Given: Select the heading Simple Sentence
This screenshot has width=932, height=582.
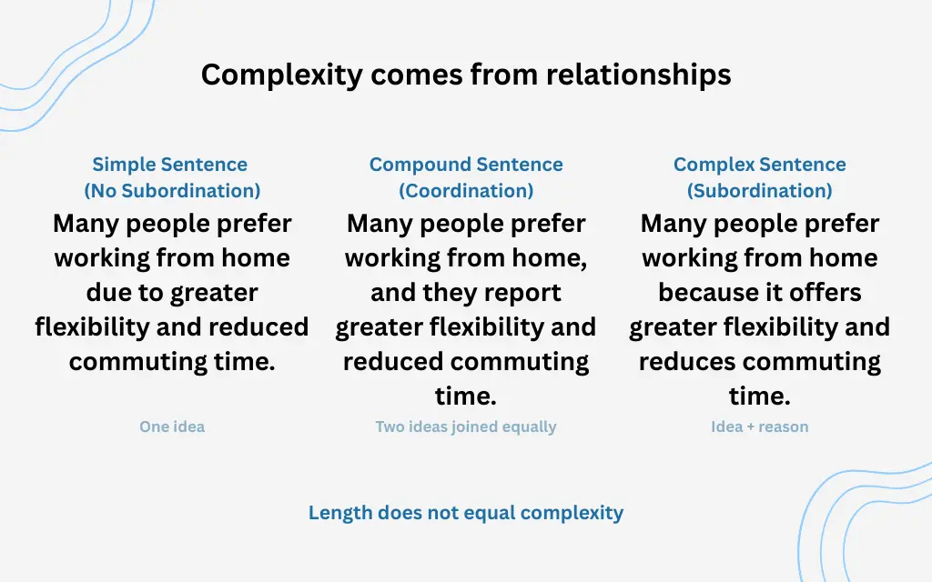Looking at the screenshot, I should coord(170,165).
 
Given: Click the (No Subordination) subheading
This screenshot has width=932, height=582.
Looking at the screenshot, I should coord(172,191).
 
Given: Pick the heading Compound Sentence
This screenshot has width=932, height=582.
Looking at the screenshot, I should coord(466,165).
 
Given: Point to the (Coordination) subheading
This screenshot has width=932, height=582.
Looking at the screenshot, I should coord(466,191).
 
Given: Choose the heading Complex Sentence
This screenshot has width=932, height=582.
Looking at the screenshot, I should coord(760,165).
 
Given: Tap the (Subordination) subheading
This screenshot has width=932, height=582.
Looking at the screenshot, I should coord(760,191).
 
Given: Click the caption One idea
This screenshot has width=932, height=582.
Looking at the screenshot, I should coord(172,426).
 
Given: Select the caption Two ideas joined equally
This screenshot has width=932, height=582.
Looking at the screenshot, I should coord(466,426).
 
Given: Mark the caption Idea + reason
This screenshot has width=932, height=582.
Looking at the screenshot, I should coord(760,426).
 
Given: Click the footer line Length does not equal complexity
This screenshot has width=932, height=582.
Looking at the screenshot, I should coord(466,513).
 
